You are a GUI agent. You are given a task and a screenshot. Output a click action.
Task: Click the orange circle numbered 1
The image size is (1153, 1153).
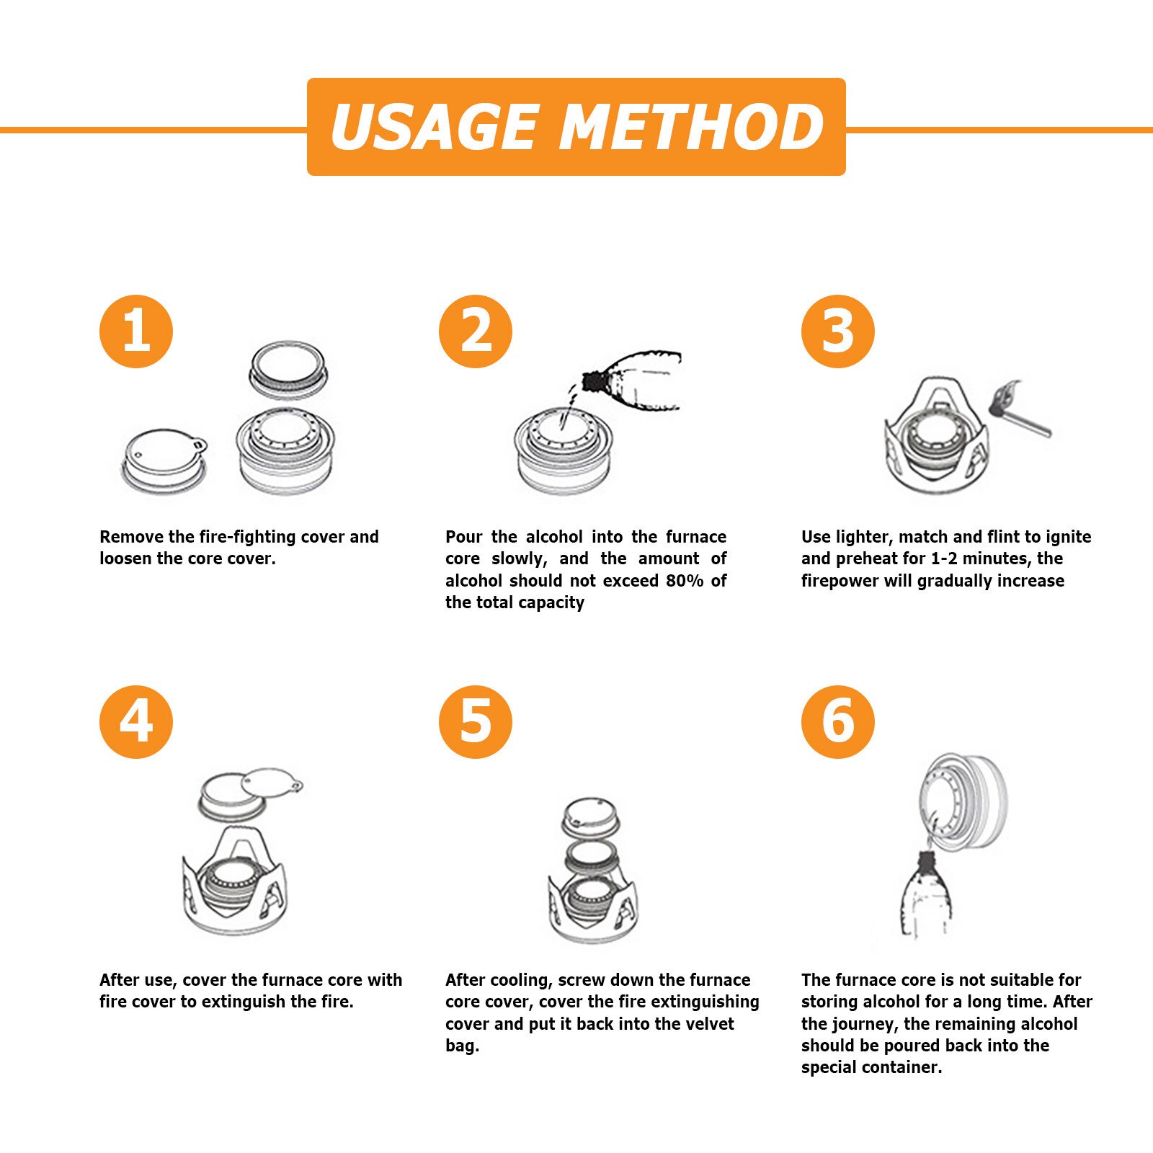136,331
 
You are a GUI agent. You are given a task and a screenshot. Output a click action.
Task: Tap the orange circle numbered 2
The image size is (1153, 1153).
476,331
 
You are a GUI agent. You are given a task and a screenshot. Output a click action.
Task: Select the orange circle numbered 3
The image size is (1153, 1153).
838,331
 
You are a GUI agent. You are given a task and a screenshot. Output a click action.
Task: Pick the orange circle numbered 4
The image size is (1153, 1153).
136,722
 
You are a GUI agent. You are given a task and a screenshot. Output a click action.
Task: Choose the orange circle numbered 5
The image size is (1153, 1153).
476,722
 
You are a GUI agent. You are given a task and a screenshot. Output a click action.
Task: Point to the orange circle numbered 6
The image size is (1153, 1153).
838,722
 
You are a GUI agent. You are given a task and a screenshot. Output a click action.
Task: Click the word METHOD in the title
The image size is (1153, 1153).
692,127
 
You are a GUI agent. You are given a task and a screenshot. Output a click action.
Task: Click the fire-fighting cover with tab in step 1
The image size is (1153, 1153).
164,460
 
